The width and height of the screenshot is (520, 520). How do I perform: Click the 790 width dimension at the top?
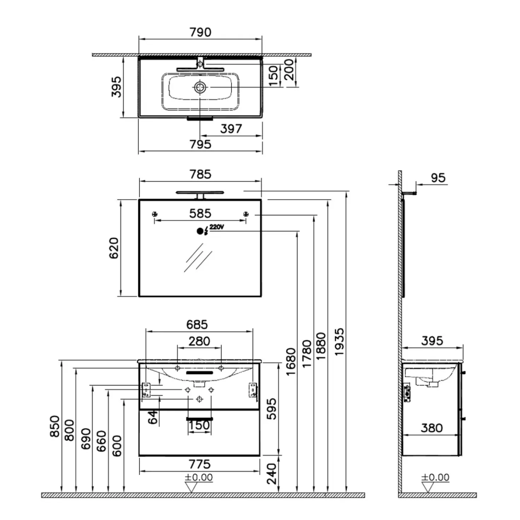[200, 33]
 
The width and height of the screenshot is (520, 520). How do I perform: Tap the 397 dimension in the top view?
[231, 129]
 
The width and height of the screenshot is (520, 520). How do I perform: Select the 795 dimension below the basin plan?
[200, 144]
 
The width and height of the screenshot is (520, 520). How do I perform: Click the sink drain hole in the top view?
[200, 87]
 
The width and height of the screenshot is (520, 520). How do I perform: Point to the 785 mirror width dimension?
[200, 174]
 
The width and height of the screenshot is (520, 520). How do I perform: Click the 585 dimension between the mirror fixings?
[200, 214]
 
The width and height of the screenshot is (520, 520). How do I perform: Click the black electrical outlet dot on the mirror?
[200, 231]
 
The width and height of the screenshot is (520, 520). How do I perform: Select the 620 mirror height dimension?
[114, 248]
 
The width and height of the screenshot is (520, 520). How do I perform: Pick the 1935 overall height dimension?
[339, 341]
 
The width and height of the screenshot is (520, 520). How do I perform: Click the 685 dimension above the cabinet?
[197, 325]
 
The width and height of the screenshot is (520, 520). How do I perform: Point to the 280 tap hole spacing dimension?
[199, 341]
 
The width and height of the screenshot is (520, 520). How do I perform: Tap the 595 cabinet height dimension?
[272, 409]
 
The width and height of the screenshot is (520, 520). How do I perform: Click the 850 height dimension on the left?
[55, 426]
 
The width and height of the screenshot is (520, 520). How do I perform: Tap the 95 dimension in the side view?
[438, 178]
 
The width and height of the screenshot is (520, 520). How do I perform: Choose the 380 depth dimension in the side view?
[432, 428]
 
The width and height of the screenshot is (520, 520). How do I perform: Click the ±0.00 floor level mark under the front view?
[199, 477]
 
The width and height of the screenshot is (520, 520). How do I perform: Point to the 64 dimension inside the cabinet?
[153, 417]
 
